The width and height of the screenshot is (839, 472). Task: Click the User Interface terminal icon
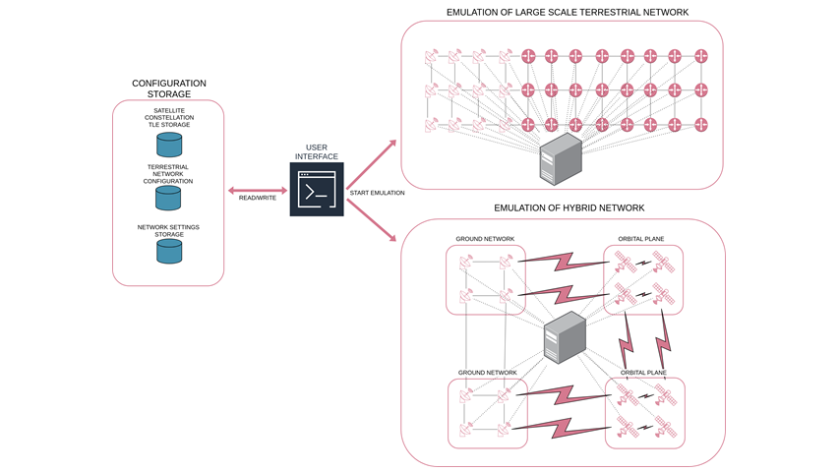(x=317, y=189)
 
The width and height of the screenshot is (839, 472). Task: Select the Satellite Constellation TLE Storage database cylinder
(x=169, y=146)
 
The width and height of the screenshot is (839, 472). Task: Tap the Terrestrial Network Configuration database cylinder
(x=169, y=199)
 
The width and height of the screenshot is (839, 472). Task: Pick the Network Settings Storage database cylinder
(x=169, y=252)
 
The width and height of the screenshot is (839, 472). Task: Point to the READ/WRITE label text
(x=258, y=198)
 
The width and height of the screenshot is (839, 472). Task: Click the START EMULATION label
(x=377, y=193)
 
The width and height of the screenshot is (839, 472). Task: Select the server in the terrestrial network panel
(x=562, y=160)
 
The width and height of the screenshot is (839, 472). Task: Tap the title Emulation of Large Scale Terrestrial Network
(x=568, y=12)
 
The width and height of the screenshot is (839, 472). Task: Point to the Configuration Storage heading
(x=169, y=88)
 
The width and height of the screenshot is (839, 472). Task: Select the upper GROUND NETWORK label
(x=485, y=239)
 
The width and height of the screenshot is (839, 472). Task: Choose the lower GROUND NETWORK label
(x=487, y=373)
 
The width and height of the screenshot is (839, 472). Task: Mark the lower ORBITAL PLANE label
(x=644, y=373)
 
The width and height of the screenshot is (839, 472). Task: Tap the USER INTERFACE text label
(x=317, y=152)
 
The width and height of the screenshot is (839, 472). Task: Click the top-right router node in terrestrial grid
(x=701, y=56)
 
